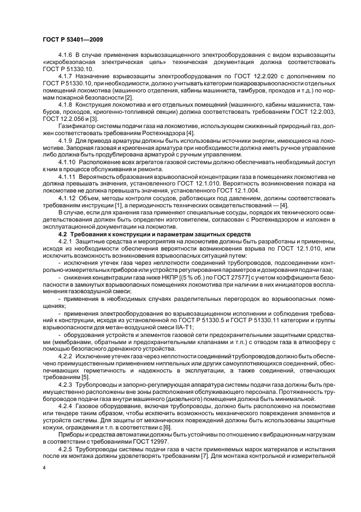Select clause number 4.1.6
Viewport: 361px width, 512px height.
[x=65, y=56]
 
